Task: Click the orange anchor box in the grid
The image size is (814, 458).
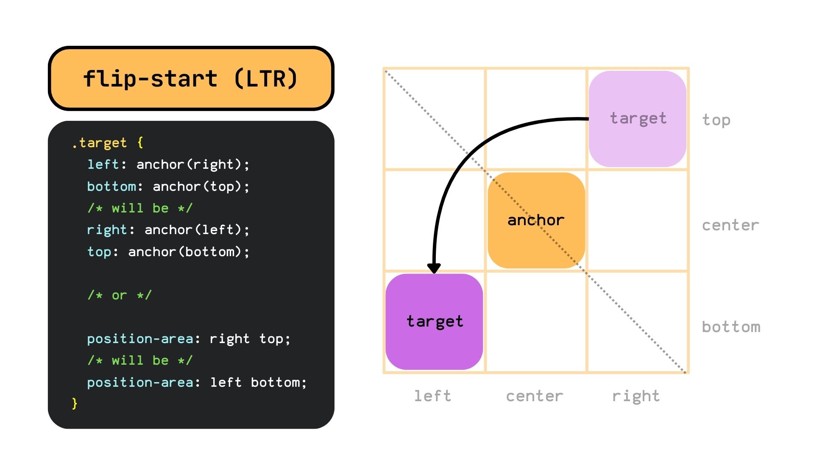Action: point(536,220)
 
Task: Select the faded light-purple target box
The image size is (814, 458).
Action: point(637,119)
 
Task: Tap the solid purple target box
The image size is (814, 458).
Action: point(434,321)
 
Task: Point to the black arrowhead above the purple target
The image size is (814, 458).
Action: point(434,268)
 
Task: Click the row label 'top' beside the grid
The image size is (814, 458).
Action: point(716,120)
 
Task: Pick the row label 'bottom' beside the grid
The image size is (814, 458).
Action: point(731,327)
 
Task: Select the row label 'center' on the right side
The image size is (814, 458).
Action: point(730,225)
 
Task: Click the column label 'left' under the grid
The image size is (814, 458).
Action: point(432,396)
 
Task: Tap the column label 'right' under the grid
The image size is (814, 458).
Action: point(636,396)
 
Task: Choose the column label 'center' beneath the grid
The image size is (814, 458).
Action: point(535,396)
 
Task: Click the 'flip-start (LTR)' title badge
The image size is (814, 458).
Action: point(191,78)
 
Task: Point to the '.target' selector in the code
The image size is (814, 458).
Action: point(99,143)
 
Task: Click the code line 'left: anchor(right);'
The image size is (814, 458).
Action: point(168,165)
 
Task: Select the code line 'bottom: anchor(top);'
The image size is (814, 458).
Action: point(168,187)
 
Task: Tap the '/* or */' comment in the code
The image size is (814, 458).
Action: point(119,295)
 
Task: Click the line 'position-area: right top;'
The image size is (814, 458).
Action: point(189,339)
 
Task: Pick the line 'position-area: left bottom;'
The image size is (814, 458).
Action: point(197,383)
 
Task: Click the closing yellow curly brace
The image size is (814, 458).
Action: point(75,403)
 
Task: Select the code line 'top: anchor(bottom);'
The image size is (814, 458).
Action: point(168,252)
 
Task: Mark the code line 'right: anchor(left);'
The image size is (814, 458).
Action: point(168,230)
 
